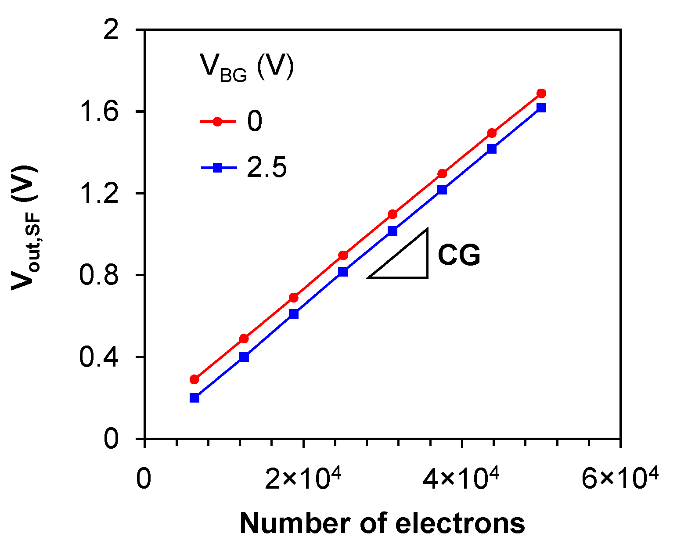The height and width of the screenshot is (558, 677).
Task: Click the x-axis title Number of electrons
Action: [x=382, y=524]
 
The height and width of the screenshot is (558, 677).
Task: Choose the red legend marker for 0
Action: [x=217, y=122]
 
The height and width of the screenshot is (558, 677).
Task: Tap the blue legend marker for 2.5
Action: [x=217, y=167]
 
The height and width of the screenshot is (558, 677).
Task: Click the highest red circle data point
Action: [x=541, y=94]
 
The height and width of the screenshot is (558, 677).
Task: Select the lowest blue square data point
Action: [x=194, y=398]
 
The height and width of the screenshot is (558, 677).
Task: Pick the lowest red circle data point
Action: [x=194, y=379]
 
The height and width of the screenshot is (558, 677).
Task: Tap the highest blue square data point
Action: [x=541, y=108]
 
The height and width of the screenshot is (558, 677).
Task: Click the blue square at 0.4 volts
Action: [x=244, y=357]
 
